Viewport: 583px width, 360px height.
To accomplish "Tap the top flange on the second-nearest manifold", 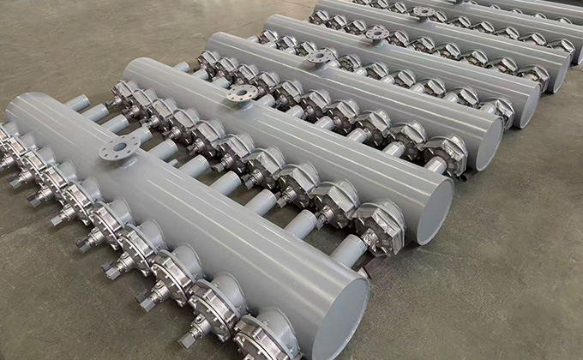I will click(243, 93).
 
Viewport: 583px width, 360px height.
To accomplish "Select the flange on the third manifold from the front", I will click(318, 57).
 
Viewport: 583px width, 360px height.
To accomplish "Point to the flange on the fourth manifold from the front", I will click(376, 34).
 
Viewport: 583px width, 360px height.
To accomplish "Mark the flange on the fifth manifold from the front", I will click(421, 13).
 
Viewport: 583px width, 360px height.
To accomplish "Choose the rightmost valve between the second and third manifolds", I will click(446, 154).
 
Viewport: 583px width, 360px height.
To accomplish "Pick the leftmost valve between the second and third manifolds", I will click(209, 61).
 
